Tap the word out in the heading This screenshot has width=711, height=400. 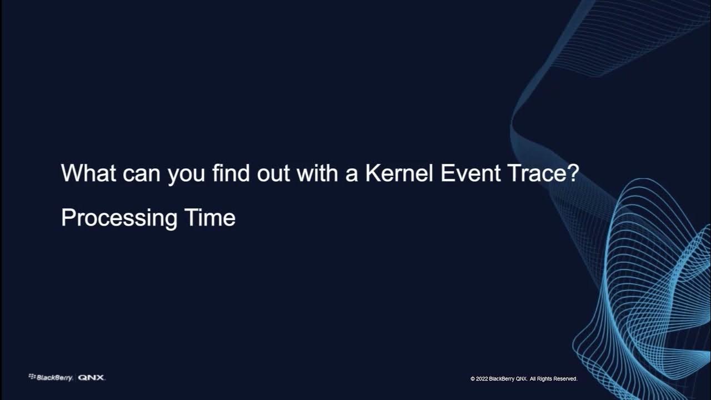274,174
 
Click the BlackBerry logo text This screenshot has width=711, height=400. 54,378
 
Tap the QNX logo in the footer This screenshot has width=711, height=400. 91,378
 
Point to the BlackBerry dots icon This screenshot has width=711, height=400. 32,377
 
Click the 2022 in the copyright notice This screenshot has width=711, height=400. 482,379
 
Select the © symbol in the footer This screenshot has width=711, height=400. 473,379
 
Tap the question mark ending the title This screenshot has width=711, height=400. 574,174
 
